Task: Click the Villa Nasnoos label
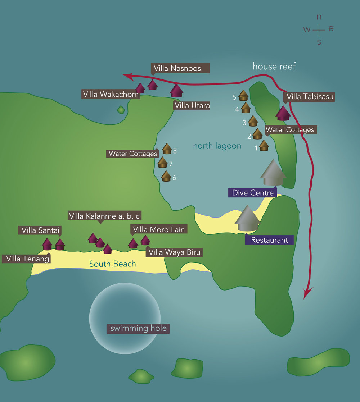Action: pos(177,68)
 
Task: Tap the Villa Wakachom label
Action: pos(111,95)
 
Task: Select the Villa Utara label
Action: pos(192,106)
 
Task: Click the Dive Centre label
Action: pos(253,193)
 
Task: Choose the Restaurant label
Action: pos(269,240)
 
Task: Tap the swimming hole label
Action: pos(138,328)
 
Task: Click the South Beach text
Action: pos(113,264)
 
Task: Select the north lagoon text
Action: pos(217,146)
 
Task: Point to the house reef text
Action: pos(274,66)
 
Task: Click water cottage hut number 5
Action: pos(244,95)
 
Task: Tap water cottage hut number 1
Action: pos(264,146)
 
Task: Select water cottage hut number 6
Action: pos(166,176)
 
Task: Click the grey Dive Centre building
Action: pos(273,173)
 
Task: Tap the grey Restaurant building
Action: pos(247,219)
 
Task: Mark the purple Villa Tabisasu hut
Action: pos(283,113)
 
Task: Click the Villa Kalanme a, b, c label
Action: pos(104,216)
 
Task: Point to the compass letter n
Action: pos(319,17)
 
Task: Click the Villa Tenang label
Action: pos(26,258)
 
